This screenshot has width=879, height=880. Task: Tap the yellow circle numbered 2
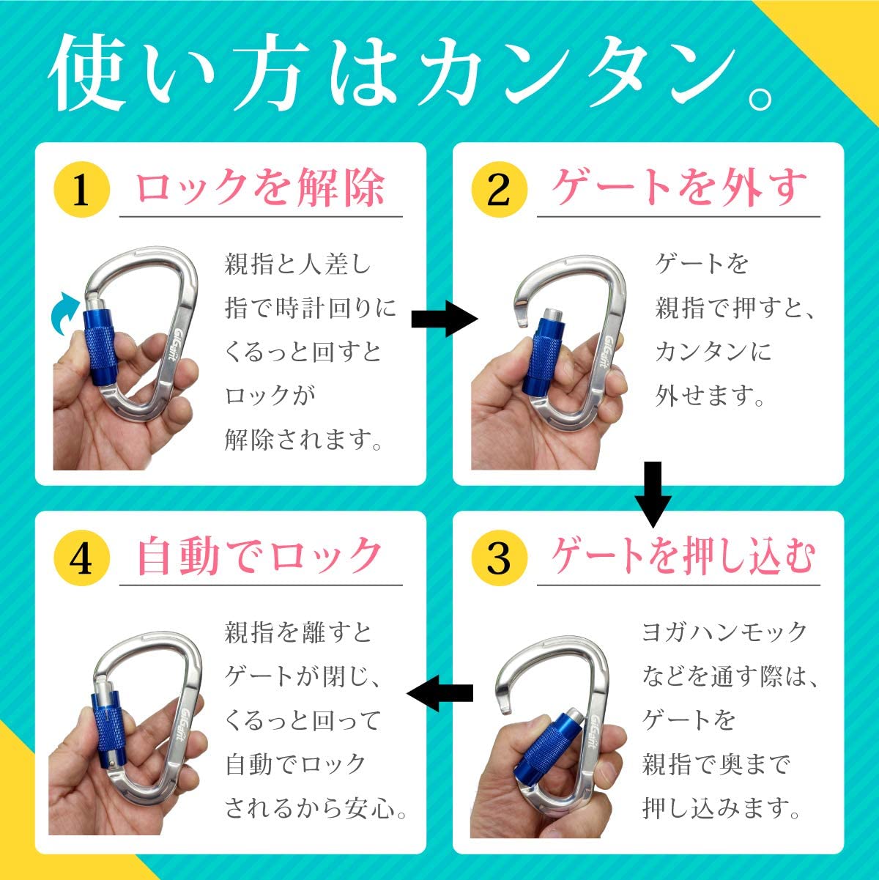(x=499, y=190)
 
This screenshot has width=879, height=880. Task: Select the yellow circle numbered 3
(x=499, y=558)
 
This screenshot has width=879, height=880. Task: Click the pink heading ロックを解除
(x=261, y=188)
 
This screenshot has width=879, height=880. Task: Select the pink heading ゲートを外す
(x=679, y=188)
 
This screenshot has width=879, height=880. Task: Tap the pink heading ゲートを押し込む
(x=683, y=556)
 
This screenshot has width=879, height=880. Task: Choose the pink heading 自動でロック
(x=261, y=556)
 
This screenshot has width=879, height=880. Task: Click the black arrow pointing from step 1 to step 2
(x=444, y=319)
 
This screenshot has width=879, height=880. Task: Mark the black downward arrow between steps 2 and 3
(x=652, y=493)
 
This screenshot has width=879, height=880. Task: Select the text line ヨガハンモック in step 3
(x=724, y=632)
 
